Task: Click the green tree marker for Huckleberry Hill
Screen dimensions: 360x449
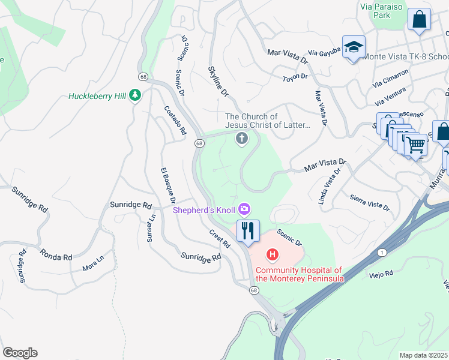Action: click(x=136, y=95)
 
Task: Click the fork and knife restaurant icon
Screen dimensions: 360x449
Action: click(x=248, y=230)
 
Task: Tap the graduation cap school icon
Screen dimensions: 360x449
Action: click(x=354, y=47)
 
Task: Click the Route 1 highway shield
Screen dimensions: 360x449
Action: click(x=382, y=253)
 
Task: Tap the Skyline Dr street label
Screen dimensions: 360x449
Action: click(x=218, y=82)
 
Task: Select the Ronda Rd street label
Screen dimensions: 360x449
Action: click(x=56, y=253)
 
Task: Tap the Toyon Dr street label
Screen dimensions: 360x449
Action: click(x=295, y=77)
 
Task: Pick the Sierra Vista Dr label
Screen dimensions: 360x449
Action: click(x=369, y=203)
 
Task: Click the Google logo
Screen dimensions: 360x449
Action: click(x=20, y=353)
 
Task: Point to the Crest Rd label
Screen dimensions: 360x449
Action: click(x=220, y=238)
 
